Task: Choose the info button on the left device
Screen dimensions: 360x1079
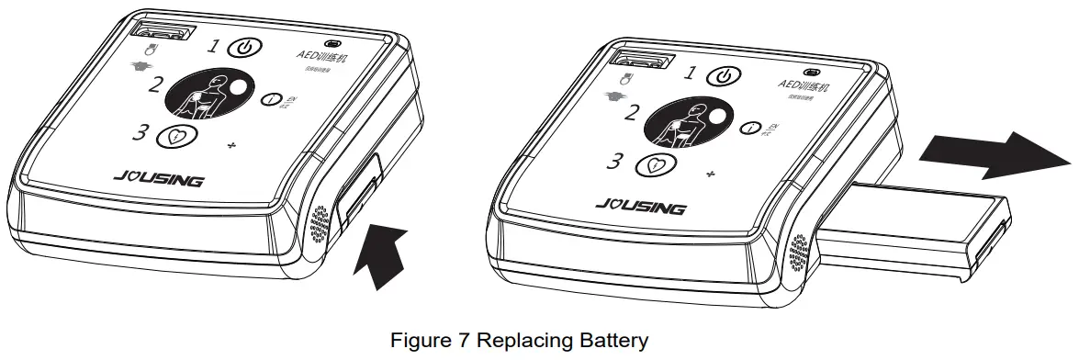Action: click(x=271, y=99)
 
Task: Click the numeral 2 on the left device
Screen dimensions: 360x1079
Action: click(x=157, y=85)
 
